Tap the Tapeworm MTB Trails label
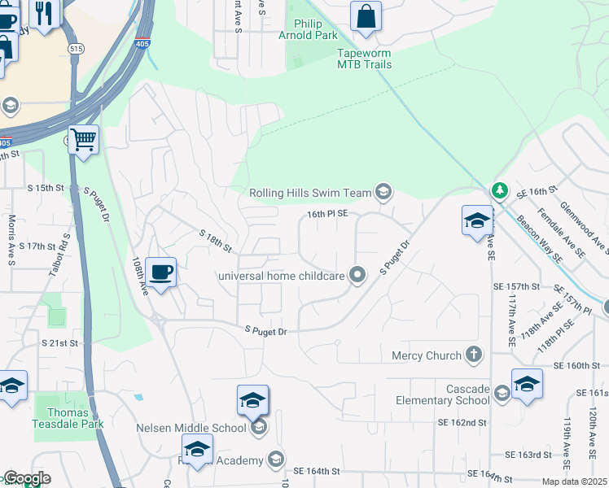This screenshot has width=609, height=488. pos(365,59)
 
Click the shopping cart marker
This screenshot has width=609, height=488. pos(84,140)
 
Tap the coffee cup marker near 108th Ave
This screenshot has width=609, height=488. pos(162,272)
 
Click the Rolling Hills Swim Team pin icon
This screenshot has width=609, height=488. pos(383,193)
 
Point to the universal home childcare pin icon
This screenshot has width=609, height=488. pos(357,276)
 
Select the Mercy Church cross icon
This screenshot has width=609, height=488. pos(474,355)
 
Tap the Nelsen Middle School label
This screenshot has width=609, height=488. pos(191,428)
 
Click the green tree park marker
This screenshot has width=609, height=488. pos(499,190)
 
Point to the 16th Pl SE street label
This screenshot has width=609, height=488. pos(327,213)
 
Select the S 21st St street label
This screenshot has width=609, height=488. pos(63,343)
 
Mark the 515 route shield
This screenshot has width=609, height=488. pos(77,49)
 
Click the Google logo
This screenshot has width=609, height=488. pos(27,478)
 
